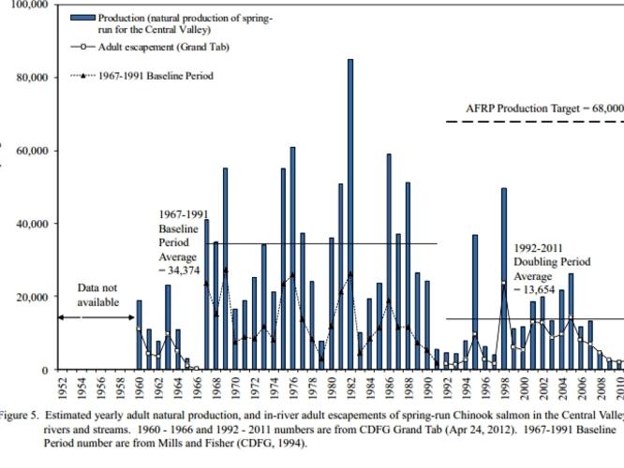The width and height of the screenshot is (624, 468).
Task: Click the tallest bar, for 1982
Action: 350,214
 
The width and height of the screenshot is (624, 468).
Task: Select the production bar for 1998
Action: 504,279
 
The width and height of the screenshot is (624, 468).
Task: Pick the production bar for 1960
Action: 140,335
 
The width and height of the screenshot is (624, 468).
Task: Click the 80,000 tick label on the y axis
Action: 32,77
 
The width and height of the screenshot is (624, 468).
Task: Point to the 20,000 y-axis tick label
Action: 32,297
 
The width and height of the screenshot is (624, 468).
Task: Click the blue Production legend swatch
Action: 82,18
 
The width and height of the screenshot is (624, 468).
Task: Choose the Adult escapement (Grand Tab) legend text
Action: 164,47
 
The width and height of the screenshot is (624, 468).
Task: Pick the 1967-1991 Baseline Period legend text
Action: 156,76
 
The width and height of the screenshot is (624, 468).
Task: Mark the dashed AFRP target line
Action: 535,122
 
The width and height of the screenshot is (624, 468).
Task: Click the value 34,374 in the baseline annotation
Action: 184,271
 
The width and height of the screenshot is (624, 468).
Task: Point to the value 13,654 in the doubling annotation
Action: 539,290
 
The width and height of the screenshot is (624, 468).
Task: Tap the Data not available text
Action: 97,295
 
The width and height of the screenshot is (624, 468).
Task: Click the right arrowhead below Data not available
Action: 131,317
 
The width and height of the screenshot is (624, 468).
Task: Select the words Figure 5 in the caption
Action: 19,416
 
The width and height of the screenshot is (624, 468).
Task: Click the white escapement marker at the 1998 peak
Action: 504,283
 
